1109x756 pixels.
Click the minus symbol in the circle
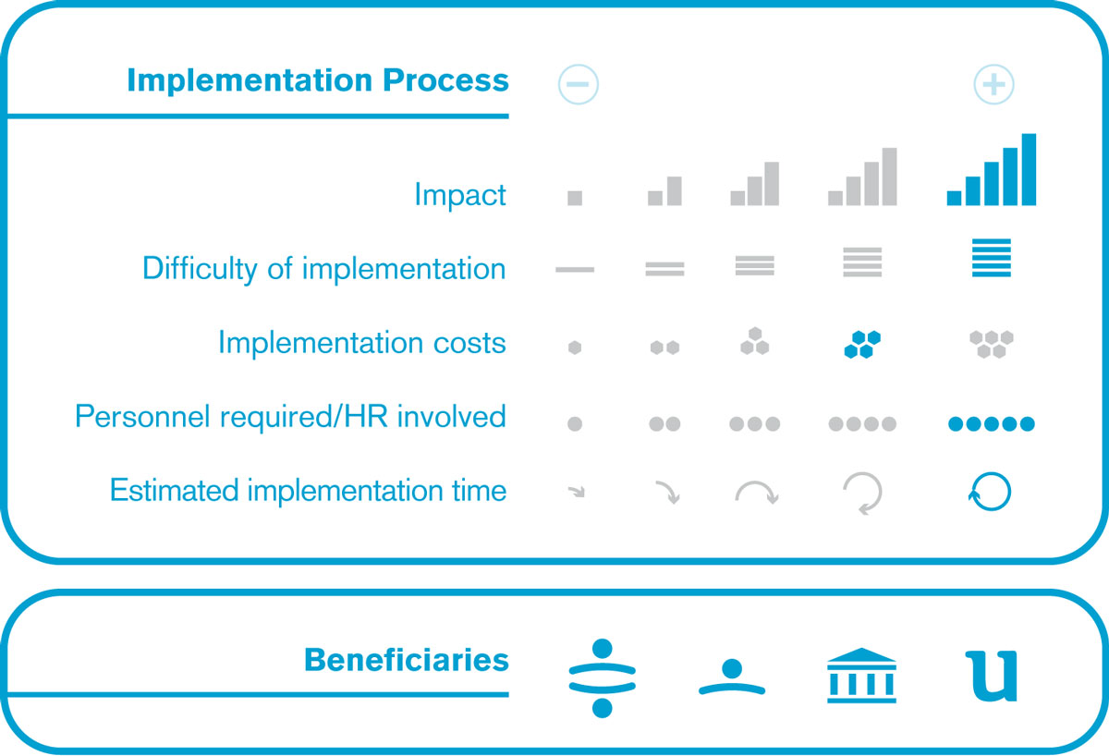pyautogui.click(x=578, y=84)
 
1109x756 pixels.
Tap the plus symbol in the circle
pyautogui.click(x=993, y=85)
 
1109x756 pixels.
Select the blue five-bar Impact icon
pyautogui.click(x=991, y=169)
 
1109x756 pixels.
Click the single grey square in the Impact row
pyautogui.click(x=575, y=198)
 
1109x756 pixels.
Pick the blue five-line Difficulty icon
pyautogui.click(x=991, y=258)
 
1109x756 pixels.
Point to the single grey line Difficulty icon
pyautogui.click(x=575, y=269)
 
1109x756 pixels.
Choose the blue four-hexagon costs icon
pyautogui.click(x=862, y=344)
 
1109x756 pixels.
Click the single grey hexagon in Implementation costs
pyautogui.click(x=575, y=348)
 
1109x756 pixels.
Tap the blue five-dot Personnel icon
pyautogui.click(x=991, y=424)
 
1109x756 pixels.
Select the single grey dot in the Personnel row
pyautogui.click(x=575, y=424)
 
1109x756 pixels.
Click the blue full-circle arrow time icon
pyautogui.click(x=990, y=492)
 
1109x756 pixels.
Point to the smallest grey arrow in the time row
pyautogui.click(x=577, y=492)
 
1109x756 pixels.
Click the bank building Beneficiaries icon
pyautogui.click(x=861, y=676)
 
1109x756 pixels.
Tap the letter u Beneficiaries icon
pyautogui.click(x=992, y=677)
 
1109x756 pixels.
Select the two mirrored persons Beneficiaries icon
pyautogui.click(x=602, y=677)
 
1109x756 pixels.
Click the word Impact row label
pyautogui.click(x=460, y=195)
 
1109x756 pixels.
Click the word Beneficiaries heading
pyautogui.click(x=407, y=660)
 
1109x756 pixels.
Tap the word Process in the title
pyautogui.click(x=445, y=79)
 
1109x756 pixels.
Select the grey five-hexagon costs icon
pyautogui.click(x=991, y=344)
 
